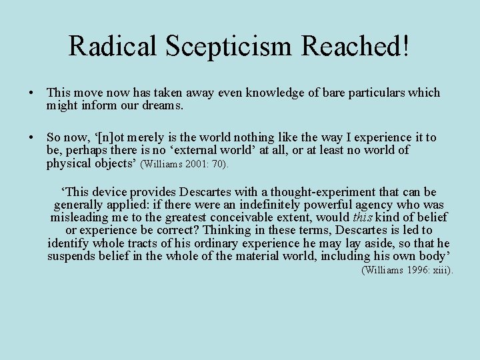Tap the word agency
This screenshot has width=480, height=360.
tap(381, 205)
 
